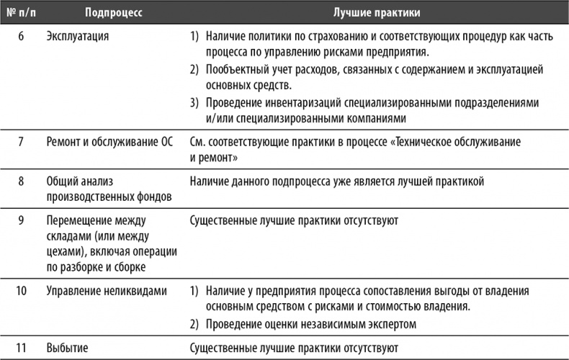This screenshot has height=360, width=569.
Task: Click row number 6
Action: (21, 35)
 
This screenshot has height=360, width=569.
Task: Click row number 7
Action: (21, 142)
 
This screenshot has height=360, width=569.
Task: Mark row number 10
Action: (21, 291)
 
